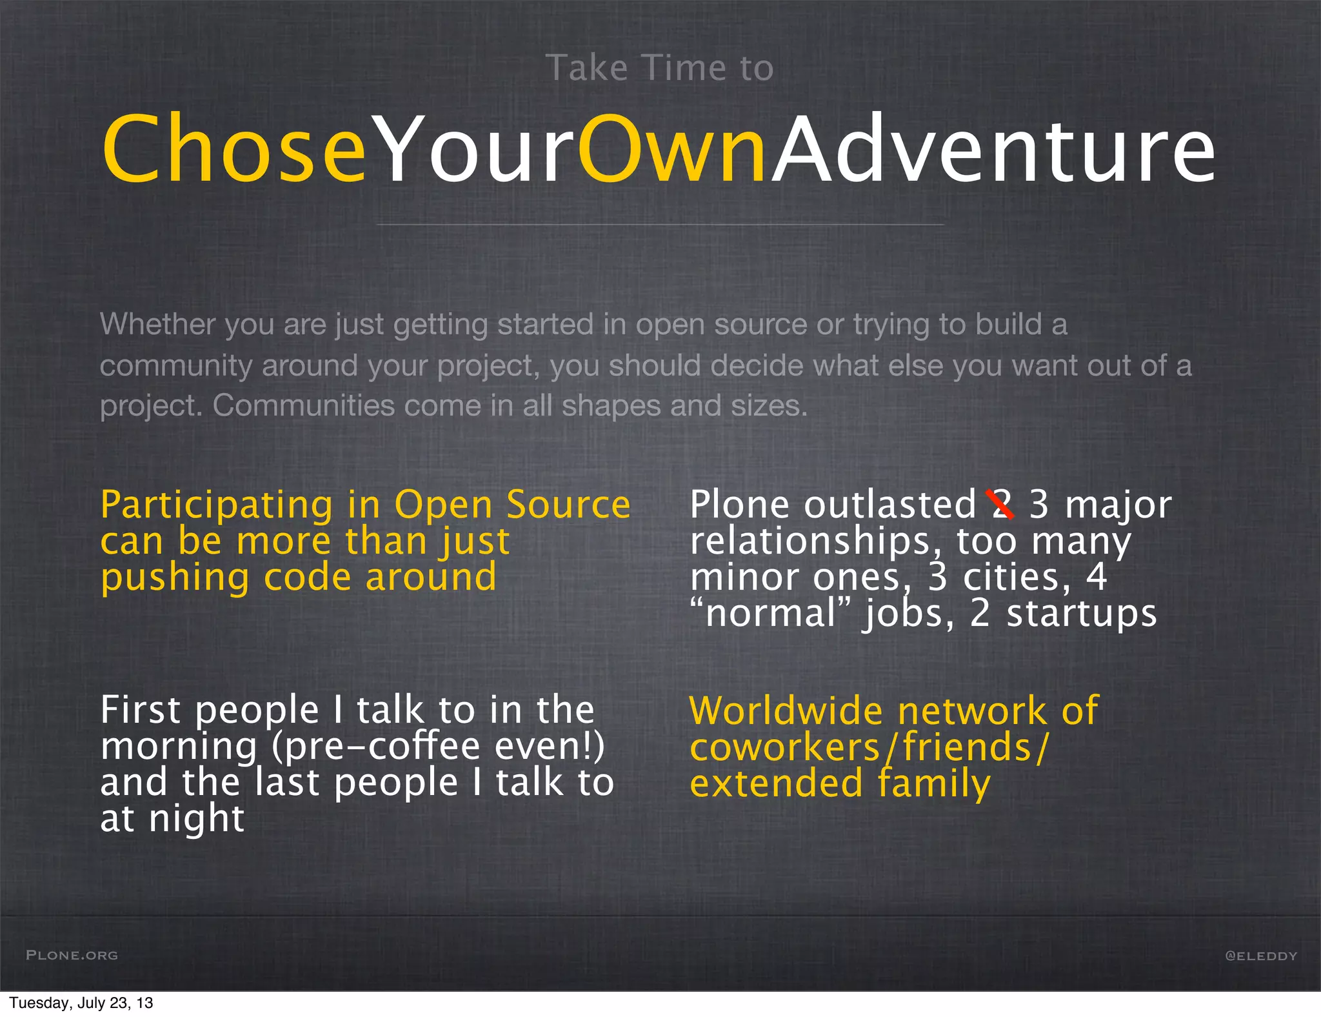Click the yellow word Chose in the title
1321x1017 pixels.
pyautogui.click(x=233, y=150)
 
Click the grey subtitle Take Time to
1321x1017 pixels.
pyautogui.click(x=659, y=68)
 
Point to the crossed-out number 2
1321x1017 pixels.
pyautogui.click(x=1000, y=505)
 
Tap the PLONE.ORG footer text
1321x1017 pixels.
pyautogui.click(x=72, y=955)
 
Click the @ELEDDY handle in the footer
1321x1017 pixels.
pyautogui.click(x=1260, y=956)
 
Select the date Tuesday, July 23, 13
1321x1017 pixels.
pyautogui.click(x=81, y=1003)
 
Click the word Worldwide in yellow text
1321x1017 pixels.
pyautogui.click(x=786, y=711)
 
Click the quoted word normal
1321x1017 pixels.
pyautogui.click(x=771, y=613)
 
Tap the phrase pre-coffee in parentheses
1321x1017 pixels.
pyautogui.click(x=381, y=747)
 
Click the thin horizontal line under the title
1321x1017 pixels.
pyautogui.click(x=659, y=225)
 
